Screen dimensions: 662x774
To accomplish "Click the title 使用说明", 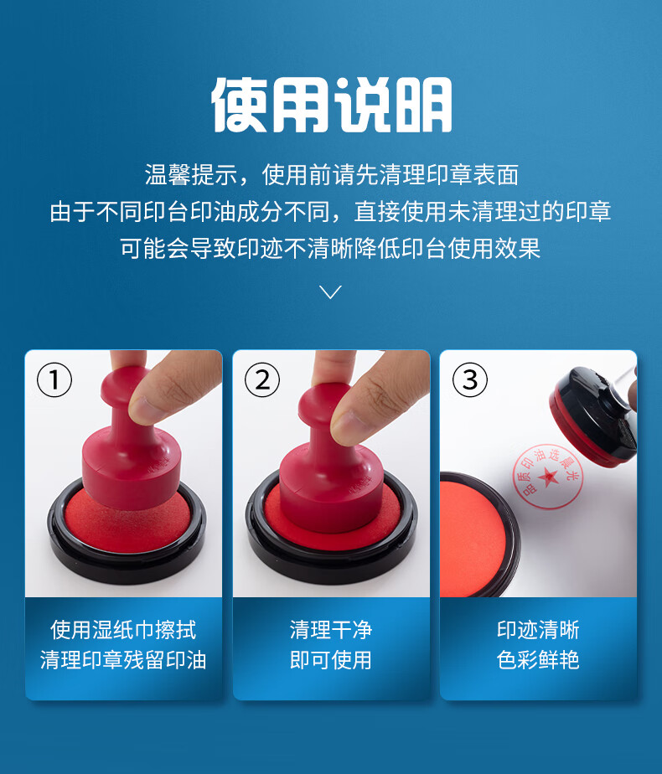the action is click(x=331, y=105).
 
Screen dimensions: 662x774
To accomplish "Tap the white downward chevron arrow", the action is click(x=330, y=292).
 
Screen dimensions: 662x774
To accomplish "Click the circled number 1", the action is click(x=54, y=379).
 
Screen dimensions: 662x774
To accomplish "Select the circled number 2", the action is click(x=262, y=379).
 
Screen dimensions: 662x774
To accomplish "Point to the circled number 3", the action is click(x=470, y=379).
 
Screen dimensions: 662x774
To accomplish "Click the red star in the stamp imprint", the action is click(x=548, y=477).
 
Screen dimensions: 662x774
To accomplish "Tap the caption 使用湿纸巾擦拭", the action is click(x=123, y=630).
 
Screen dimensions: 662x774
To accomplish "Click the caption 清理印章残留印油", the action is click(x=123, y=660).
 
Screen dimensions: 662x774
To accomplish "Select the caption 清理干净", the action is click(x=331, y=630).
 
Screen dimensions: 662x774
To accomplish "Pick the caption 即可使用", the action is click(x=331, y=660).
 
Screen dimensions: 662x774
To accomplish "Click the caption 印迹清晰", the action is click(x=538, y=630).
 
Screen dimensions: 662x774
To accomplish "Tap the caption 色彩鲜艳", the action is click(x=538, y=660).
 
